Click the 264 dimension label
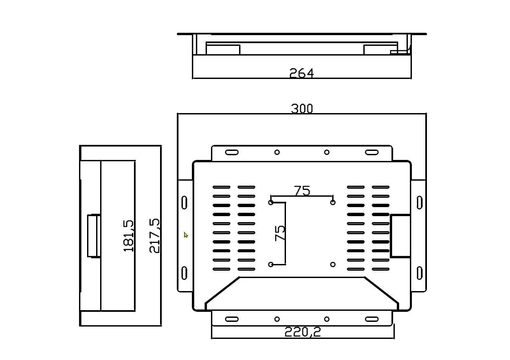[x=301, y=73]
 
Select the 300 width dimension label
[x=302, y=109]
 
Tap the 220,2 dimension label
[x=302, y=332]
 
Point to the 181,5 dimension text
[x=129, y=236]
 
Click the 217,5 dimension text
[x=154, y=236]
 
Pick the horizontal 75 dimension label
[x=302, y=191]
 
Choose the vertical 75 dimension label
[x=280, y=233]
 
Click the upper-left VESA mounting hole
[x=271, y=202]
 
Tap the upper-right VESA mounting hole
[x=333, y=202]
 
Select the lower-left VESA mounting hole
[x=271, y=265]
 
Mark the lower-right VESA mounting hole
[x=333, y=265]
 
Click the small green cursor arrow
[x=186, y=235]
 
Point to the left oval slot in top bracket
[x=232, y=153]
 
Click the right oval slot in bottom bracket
[x=371, y=319]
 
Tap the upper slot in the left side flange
[x=184, y=203]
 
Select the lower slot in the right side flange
[x=419, y=273]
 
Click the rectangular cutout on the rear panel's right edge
[x=400, y=236]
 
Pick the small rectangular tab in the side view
[x=94, y=236]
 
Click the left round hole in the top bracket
[x=277, y=153]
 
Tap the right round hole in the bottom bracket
[x=326, y=319]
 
